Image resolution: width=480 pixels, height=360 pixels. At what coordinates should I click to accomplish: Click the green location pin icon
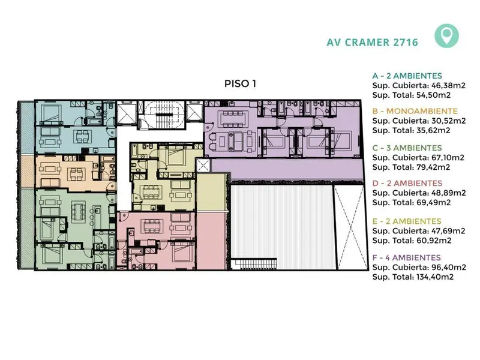pos(446,36)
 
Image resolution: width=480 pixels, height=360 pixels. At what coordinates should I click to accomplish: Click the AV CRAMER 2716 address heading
pos(372,42)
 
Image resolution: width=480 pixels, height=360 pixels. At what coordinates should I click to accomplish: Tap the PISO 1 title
pos(241,83)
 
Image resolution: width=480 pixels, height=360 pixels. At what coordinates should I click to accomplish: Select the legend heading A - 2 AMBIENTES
pos(407,76)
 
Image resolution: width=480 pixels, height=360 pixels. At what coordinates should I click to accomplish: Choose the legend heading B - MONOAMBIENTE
pos(415,111)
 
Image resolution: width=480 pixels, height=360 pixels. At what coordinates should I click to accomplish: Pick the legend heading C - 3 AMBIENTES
pos(407,148)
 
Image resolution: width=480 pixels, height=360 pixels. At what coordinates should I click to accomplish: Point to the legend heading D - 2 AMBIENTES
pos(407,183)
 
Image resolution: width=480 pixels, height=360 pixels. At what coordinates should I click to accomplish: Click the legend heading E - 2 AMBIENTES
pos(407,221)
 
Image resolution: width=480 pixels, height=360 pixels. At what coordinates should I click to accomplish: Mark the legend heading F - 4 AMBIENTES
pos(407,257)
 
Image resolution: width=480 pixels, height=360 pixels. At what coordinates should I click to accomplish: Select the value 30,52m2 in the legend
pos(448,121)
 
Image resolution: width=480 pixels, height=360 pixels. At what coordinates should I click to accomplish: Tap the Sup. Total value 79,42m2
pos(433,167)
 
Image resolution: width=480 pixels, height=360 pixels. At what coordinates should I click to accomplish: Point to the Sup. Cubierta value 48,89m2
pos(448,193)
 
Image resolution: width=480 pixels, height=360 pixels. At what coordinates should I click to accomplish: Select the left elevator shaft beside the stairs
pos(127,113)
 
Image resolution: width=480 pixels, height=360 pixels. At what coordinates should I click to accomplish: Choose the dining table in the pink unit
pos(151,226)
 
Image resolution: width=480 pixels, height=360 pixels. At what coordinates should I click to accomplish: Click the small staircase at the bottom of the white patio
pos(254,264)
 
